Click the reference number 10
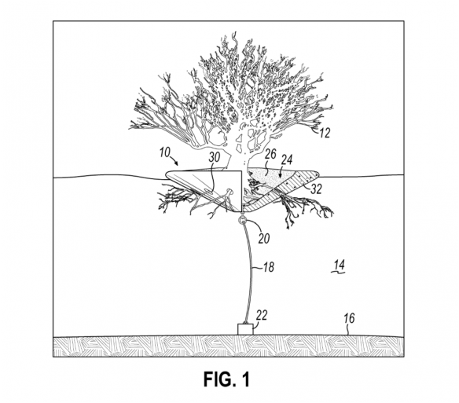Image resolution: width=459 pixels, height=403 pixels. (165, 152)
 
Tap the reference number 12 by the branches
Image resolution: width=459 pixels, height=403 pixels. (325, 134)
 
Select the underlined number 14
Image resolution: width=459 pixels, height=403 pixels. (339, 266)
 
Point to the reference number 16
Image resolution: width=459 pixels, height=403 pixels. (349, 318)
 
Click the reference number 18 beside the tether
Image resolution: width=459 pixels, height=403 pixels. (269, 267)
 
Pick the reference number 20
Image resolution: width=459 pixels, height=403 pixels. (264, 239)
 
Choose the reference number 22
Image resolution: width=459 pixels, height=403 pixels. (262, 316)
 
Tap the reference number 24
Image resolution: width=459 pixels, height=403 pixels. (287, 159)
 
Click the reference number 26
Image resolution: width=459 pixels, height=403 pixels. (270, 154)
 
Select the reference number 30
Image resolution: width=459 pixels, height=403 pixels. (214, 158)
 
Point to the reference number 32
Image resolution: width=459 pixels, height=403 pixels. (316, 189)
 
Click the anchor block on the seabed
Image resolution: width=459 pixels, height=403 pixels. (245, 329)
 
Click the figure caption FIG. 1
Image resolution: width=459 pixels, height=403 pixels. (227, 379)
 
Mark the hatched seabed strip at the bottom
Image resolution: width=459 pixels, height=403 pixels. (229, 346)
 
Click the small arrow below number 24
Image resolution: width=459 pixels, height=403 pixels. (281, 174)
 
